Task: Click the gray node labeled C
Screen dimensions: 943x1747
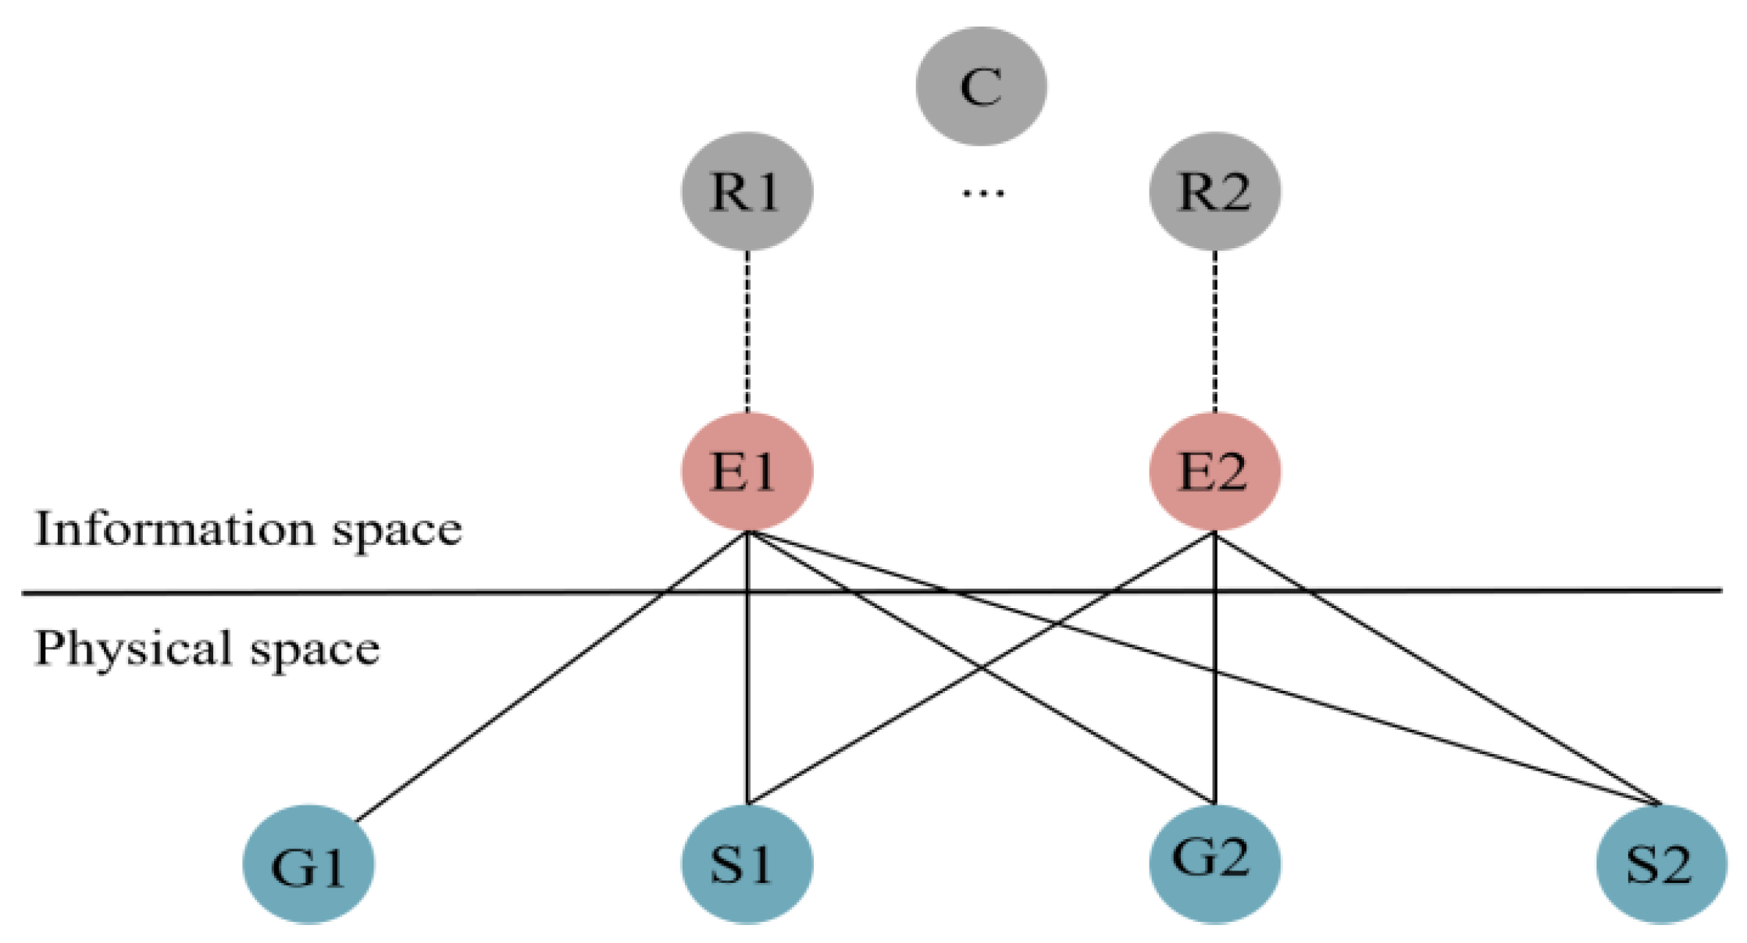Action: [981, 86]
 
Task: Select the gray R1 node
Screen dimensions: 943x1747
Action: [747, 190]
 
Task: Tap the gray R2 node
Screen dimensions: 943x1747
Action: [1214, 190]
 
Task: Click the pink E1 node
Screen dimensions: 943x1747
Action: [747, 471]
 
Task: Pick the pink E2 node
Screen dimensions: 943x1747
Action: [1214, 471]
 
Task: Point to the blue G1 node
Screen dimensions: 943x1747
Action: [308, 865]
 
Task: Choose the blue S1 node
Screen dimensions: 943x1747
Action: [747, 865]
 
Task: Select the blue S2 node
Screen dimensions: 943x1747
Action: [1660, 865]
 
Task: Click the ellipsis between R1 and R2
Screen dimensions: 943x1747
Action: [982, 192]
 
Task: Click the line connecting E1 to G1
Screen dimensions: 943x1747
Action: [547, 679]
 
